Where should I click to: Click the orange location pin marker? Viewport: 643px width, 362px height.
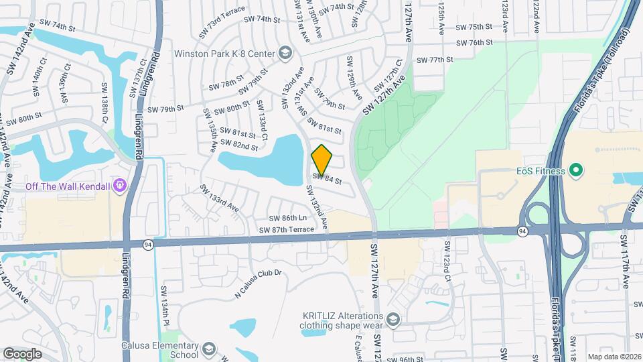(x=321, y=160)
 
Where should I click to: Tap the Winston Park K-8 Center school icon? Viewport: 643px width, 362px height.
(x=286, y=53)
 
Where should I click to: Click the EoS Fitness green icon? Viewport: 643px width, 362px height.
(x=575, y=171)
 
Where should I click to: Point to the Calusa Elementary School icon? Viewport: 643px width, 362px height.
(x=208, y=349)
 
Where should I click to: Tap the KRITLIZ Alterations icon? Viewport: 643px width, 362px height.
(x=392, y=319)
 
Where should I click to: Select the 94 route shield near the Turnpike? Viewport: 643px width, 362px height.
(x=522, y=231)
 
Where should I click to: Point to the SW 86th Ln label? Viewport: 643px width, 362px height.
(x=287, y=219)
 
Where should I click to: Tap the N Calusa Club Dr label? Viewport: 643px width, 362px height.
(x=260, y=283)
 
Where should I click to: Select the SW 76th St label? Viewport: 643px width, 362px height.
(x=474, y=42)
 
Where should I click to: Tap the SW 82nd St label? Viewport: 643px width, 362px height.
(x=241, y=146)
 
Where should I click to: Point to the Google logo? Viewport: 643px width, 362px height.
(x=22, y=353)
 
